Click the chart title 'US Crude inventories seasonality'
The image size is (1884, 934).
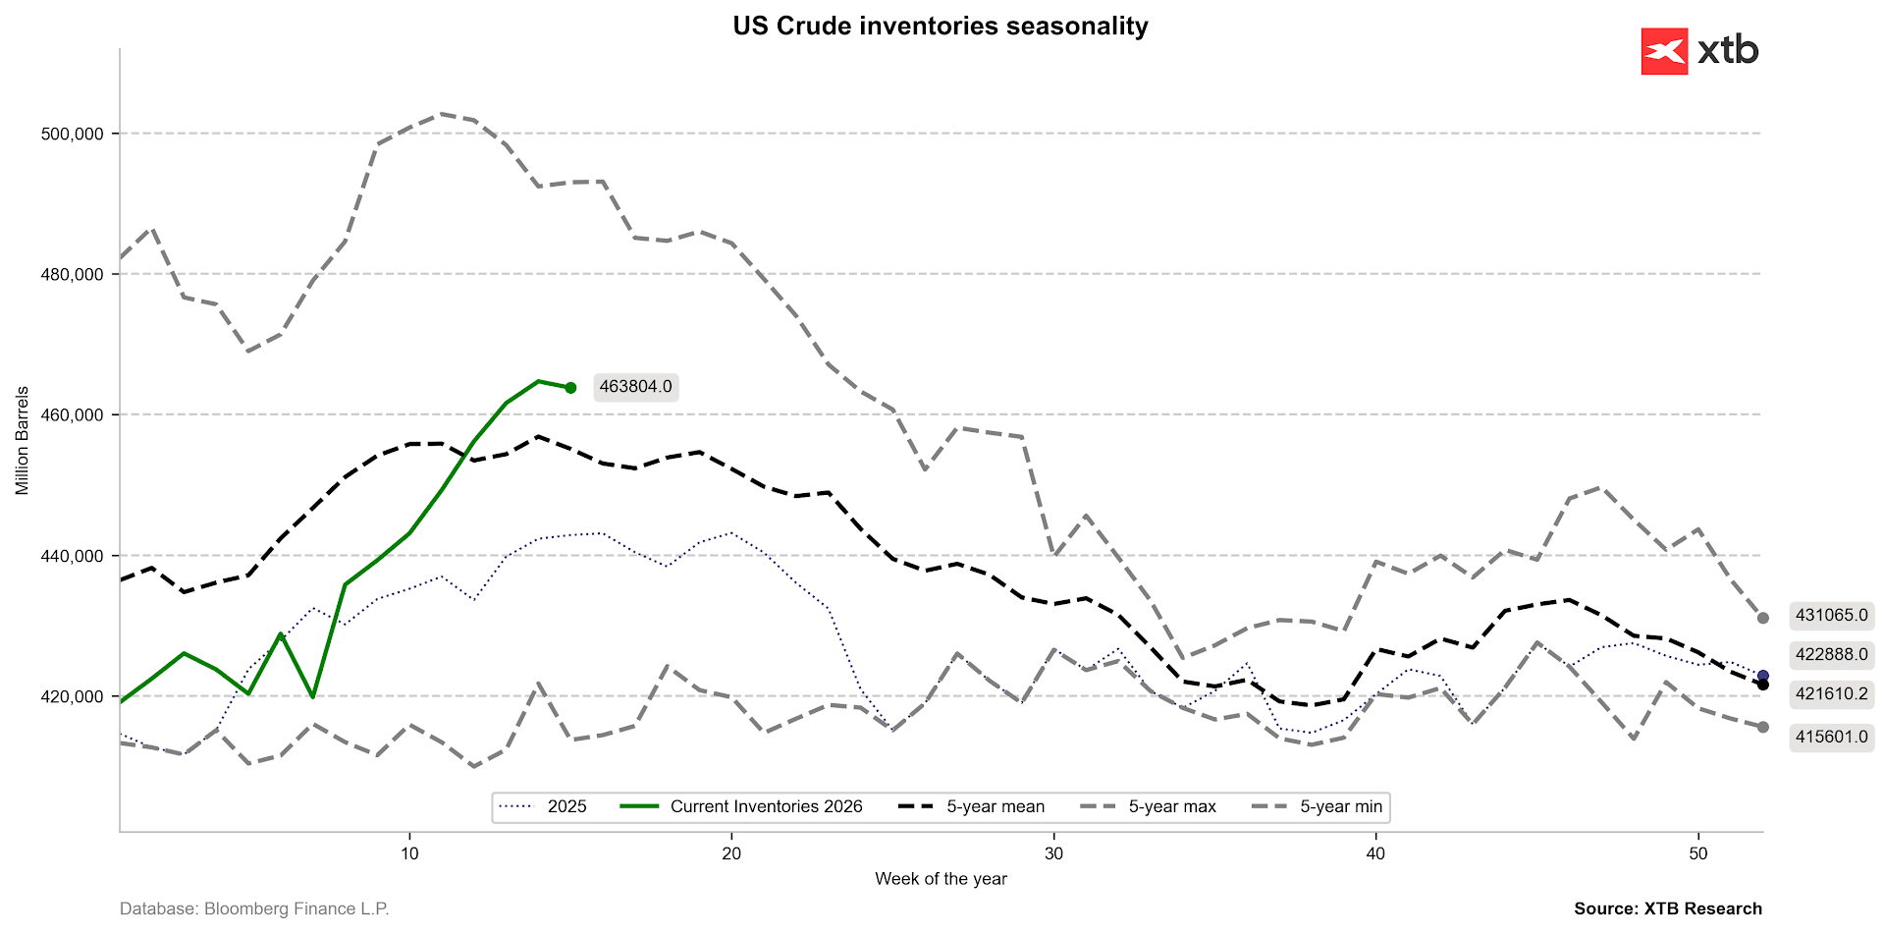coord(940,26)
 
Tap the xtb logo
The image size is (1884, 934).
coord(1699,51)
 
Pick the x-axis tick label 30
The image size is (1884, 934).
coord(1053,853)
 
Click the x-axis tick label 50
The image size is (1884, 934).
coord(1697,853)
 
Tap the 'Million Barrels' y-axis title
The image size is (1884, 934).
coord(22,440)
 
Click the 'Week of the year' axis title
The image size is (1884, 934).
coord(941,879)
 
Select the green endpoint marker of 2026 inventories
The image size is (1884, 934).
coord(570,388)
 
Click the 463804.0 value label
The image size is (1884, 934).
coord(635,387)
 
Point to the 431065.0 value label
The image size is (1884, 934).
coord(1831,616)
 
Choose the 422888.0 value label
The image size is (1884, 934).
coord(1831,655)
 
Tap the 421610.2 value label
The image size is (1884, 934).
coord(1831,694)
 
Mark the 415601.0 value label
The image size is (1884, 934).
coord(1831,737)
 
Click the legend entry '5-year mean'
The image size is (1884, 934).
coord(996,807)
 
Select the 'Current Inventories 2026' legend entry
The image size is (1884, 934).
coord(766,807)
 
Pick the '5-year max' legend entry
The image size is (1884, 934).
coord(1171,807)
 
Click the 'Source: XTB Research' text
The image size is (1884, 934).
coord(1667,909)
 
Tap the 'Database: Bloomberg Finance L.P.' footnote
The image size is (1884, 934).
coord(254,909)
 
